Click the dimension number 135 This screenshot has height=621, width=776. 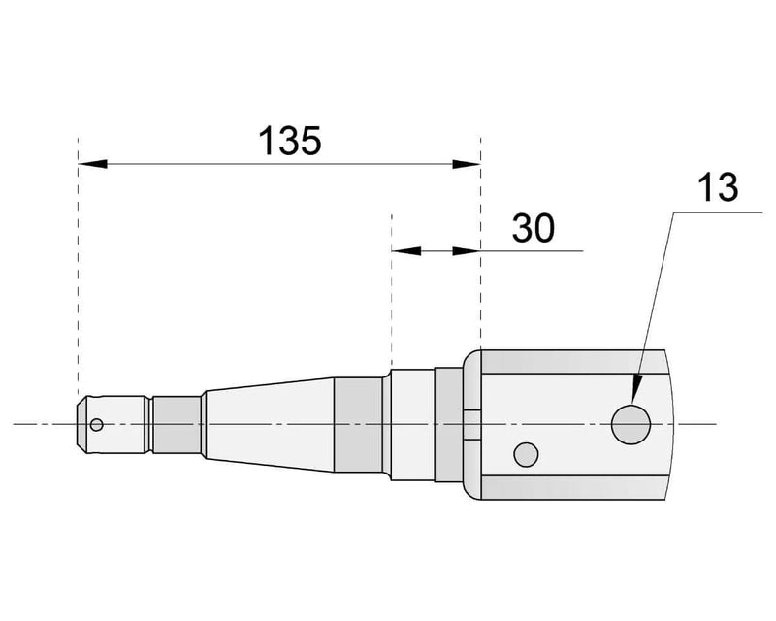(x=289, y=142)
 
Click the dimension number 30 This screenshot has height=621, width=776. (x=533, y=228)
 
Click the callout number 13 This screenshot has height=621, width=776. (x=718, y=186)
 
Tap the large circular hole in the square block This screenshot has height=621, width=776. (x=630, y=425)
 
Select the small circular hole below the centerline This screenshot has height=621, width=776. (x=527, y=452)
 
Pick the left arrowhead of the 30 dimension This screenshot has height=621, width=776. (x=402, y=251)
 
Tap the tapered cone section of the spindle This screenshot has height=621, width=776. (x=267, y=424)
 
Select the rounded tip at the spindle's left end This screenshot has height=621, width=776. (x=81, y=424)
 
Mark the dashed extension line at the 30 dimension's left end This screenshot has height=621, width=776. (x=390, y=291)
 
